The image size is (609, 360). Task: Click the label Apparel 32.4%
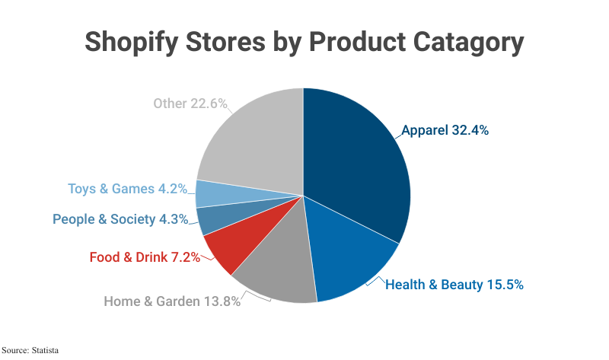(x=445, y=130)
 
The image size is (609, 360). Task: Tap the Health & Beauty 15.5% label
(x=454, y=285)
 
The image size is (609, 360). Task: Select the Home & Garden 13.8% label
(x=172, y=301)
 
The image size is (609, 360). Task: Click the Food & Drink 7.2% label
(x=145, y=257)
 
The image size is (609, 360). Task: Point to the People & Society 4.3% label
(x=120, y=219)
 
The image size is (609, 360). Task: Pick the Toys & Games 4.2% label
(x=128, y=189)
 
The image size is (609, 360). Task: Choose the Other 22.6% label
(x=190, y=104)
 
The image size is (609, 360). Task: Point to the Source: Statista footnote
(x=30, y=351)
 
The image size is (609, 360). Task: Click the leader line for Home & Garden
(x=259, y=296)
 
